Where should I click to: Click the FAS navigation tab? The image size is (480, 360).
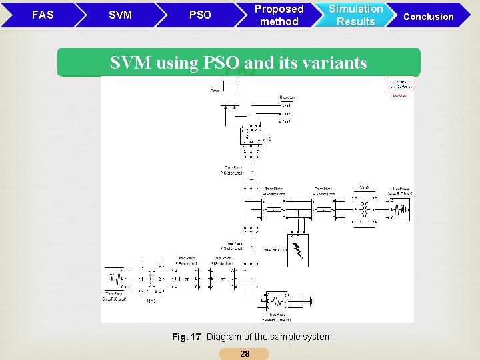[43, 15]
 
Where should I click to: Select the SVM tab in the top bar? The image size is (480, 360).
[120, 15]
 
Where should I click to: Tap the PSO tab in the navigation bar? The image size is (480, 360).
[200, 15]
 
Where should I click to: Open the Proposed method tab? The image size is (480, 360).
[279, 15]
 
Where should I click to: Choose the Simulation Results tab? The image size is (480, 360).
[355, 15]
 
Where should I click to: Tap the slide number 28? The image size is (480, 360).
[245, 354]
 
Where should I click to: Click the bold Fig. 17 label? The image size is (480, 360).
[186, 337]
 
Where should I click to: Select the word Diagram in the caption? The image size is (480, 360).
[224, 337]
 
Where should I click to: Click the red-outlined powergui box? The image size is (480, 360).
[399, 85]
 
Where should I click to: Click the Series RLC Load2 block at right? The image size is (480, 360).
[402, 209]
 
